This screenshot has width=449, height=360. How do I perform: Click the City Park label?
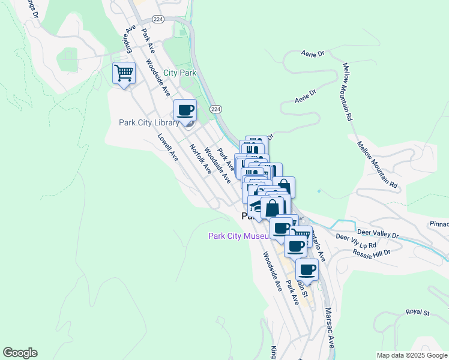pyautogui.click(x=180, y=73)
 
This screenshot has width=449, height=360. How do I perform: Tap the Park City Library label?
pyautogui.click(x=149, y=123)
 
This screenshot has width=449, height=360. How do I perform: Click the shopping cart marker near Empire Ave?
pyautogui.click(x=124, y=74)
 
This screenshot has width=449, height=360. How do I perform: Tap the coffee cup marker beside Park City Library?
pyautogui.click(x=185, y=110)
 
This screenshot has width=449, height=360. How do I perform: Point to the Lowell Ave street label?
pyautogui.click(x=168, y=148)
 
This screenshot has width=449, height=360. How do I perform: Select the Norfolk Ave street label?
pyautogui.click(x=200, y=160)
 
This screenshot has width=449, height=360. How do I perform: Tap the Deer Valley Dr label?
pyautogui.click(x=378, y=233)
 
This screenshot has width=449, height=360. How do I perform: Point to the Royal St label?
pyautogui.click(x=418, y=312)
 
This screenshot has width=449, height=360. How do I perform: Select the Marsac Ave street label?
pyautogui.click(x=330, y=328)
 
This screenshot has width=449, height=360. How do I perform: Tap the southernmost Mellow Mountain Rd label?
pyautogui.click(x=377, y=166)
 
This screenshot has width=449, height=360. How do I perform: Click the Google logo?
pyautogui.click(x=20, y=353)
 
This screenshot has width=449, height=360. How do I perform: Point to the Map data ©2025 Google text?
pyautogui.click(x=412, y=355)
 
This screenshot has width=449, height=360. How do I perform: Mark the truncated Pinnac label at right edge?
pyautogui.click(x=439, y=224)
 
